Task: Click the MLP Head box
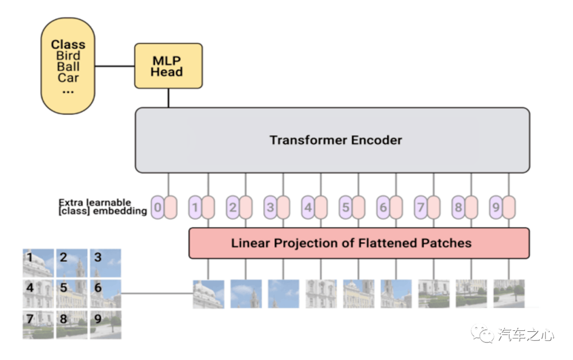pyautogui.click(x=169, y=66)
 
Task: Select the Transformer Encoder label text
pyautogui.click(x=336, y=140)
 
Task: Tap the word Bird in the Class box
pyautogui.click(x=68, y=56)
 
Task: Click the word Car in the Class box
pyautogui.click(x=68, y=78)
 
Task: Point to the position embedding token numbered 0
pyautogui.click(x=158, y=208)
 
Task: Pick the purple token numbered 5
pyautogui.click(x=345, y=208)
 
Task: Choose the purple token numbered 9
pyautogui.click(x=496, y=208)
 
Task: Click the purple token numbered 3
pyautogui.click(x=270, y=208)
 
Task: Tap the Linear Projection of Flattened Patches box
pyautogui.click(x=359, y=243)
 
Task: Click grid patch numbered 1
pyautogui.click(x=38, y=263)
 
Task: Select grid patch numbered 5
pyautogui.click(x=72, y=294)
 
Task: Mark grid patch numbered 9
pyautogui.click(x=106, y=324)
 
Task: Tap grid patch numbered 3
pyautogui.click(x=106, y=263)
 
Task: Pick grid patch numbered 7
pyautogui.click(x=38, y=324)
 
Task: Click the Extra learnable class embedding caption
pyautogui.click(x=103, y=207)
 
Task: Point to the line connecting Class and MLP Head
pyautogui.click(x=115, y=66)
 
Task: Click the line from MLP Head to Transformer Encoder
pyautogui.click(x=169, y=98)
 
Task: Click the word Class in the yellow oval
pyautogui.click(x=68, y=45)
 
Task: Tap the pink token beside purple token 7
pyautogui.click(x=434, y=208)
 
